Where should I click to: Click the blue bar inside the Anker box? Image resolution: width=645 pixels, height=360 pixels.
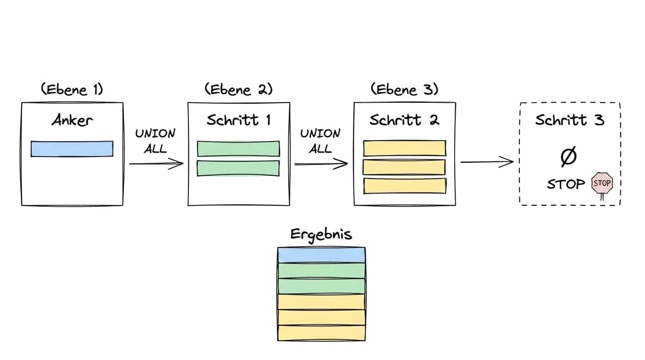(x=72, y=149)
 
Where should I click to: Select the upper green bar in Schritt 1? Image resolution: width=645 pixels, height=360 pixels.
(x=239, y=149)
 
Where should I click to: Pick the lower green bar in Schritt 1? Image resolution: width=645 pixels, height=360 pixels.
(x=239, y=168)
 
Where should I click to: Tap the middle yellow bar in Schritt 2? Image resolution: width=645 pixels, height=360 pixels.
(x=404, y=167)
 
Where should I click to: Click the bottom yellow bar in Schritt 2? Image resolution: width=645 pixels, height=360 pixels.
(x=405, y=186)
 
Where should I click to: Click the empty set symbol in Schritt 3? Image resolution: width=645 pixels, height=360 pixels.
(x=569, y=157)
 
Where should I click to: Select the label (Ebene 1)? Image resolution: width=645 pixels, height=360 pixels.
(x=72, y=89)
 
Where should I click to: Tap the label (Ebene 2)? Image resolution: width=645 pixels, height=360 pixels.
(x=239, y=89)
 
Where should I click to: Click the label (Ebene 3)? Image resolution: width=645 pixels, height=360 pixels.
(x=405, y=89)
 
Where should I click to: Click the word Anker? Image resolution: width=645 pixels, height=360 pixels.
(x=72, y=120)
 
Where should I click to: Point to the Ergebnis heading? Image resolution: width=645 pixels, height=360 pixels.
(x=321, y=235)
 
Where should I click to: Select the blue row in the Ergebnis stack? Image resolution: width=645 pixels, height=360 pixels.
(x=322, y=255)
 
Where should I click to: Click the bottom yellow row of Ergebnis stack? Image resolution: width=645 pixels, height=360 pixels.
(x=322, y=333)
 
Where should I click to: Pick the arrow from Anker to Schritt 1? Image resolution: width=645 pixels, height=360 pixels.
(x=157, y=164)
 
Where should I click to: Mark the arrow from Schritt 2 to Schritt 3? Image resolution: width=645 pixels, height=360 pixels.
(x=487, y=162)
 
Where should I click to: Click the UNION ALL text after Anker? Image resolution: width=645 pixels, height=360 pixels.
(x=155, y=141)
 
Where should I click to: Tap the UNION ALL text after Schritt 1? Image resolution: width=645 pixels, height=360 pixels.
(x=320, y=141)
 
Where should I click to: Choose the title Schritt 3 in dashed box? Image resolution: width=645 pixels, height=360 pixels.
(x=570, y=120)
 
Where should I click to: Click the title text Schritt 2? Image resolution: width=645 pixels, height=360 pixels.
(x=405, y=120)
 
